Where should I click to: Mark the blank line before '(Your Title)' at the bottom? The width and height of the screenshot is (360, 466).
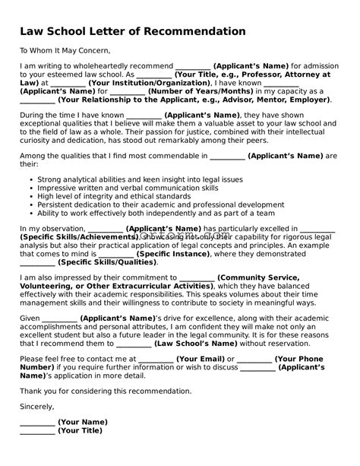pyautogui.click(x=37, y=431)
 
